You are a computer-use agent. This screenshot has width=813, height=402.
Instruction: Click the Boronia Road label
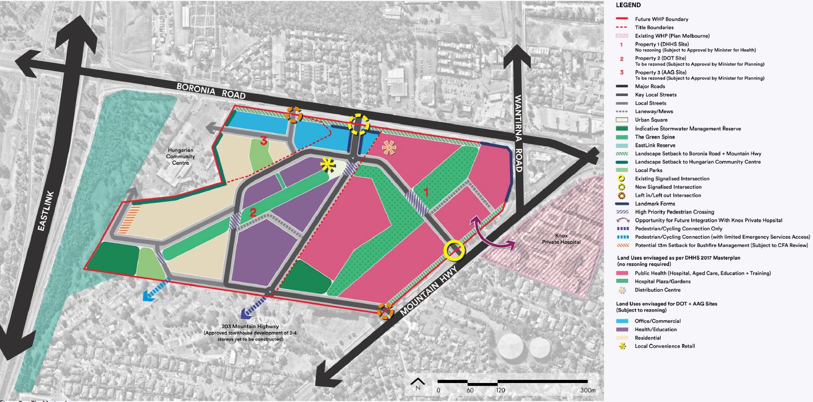(211, 91)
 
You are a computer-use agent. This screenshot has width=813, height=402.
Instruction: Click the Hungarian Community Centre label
(181, 157)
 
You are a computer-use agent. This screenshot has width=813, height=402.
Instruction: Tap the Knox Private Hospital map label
(561, 239)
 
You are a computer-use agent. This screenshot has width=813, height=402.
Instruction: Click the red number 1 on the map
(425, 192)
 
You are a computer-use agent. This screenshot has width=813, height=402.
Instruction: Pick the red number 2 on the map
(253, 212)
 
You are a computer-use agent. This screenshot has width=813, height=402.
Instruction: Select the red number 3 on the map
(263, 141)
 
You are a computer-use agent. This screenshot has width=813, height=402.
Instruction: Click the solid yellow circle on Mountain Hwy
(455, 250)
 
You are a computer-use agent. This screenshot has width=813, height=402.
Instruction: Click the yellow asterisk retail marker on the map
(326, 164)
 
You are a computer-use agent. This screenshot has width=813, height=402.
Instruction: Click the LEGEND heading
(628, 5)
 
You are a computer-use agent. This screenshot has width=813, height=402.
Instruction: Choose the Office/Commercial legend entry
(657, 321)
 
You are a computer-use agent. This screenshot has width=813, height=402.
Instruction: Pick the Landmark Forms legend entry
(655, 204)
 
